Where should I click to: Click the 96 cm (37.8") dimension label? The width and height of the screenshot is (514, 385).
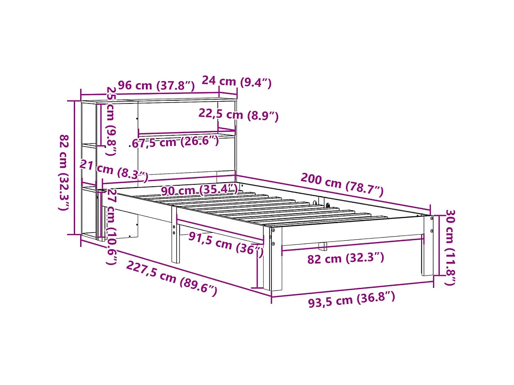click(156, 85)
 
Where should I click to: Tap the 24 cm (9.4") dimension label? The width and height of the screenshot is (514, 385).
click(236, 82)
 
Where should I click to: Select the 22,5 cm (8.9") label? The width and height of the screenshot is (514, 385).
click(239, 115)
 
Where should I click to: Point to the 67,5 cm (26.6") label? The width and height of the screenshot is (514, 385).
click(176, 142)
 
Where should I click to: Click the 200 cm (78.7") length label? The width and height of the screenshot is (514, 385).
click(342, 184)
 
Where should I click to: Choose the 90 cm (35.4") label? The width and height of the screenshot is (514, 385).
click(199, 190)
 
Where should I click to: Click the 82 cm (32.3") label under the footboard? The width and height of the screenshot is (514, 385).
click(346, 258)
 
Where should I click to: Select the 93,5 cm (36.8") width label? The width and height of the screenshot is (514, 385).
click(352, 299)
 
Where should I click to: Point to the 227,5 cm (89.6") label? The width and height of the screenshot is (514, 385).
click(171, 278)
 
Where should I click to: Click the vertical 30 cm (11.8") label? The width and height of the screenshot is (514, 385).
click(449, 247)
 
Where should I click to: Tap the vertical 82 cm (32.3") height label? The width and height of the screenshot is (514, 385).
click(64, 172)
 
